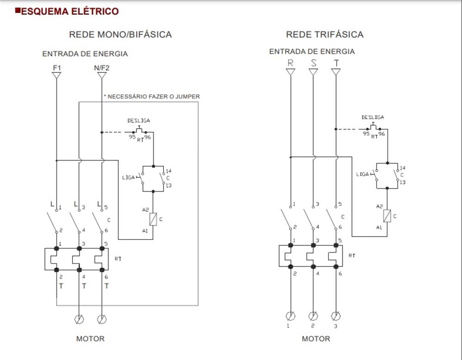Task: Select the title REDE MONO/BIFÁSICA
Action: click(x=120, y=35)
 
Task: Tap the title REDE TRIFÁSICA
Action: click(x=325, y=35)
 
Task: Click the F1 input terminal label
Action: click(x=56, y=68)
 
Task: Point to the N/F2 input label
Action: click(x=102, y=68)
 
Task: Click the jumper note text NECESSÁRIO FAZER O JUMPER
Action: click(x=152, y=96)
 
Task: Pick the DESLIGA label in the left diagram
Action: click(x=139, y=120)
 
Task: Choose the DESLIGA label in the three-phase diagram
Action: click(x=372, y=118)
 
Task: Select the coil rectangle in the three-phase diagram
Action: click(x=387, y=216)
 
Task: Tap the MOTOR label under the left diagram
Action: click(x=90, y=339)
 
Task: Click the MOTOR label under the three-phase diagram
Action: click(x=316, y=339)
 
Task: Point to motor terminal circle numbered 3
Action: click(x=336, y=316)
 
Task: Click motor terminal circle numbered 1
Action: click(x=291, y=316)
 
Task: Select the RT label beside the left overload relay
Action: click(x=118, y=259)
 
